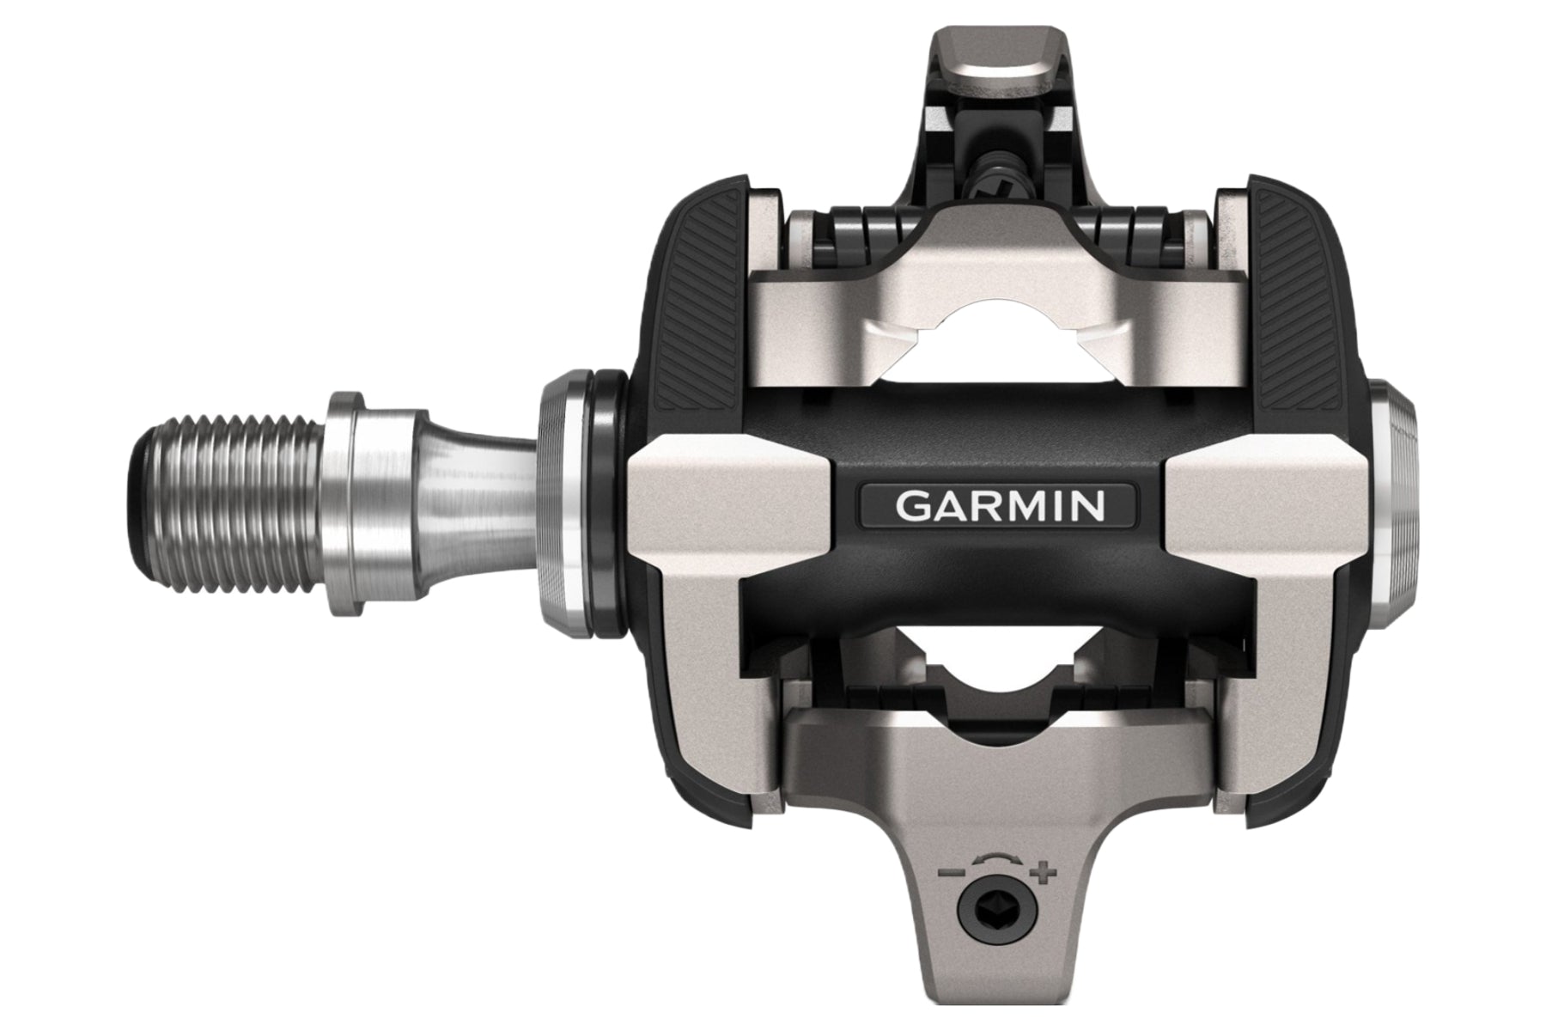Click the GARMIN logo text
[x=999, y=507]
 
